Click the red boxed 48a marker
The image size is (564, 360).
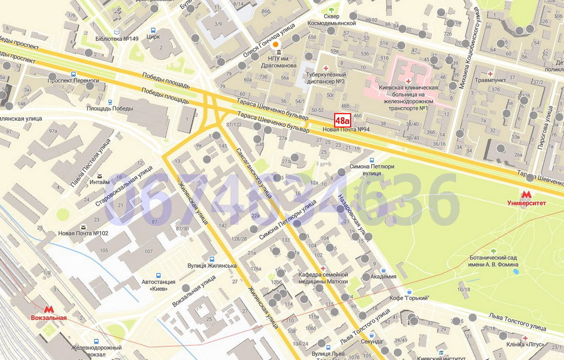pos(342,120)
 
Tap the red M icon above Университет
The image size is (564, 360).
pos(525,194)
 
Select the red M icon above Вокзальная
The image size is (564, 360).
pos(49,310)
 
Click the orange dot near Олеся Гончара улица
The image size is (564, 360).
pos(276,45)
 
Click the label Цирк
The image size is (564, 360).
pos(153,37)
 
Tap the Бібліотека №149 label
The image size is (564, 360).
pos(117,39)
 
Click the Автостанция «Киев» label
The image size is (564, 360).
pos(158,285)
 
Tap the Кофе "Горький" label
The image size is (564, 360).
pos(409,298)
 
